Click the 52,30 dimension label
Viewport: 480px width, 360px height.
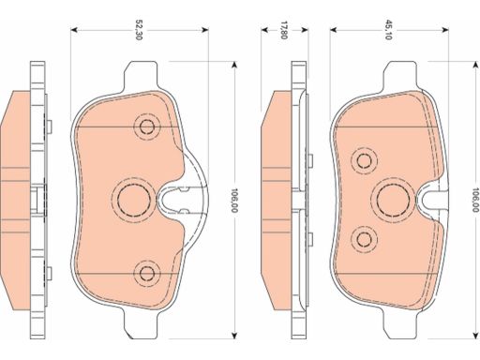[139, 30]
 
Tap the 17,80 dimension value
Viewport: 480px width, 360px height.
[283, 30]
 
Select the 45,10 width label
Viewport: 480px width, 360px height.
[388, 30]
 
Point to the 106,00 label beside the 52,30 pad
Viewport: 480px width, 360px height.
[234, 201]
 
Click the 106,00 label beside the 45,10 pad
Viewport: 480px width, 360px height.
[475, 200]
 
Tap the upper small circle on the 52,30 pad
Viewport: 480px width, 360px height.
[146, 127]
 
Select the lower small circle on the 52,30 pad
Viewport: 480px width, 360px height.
[146, 273]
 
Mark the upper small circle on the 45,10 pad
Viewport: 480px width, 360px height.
[364, 160]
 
